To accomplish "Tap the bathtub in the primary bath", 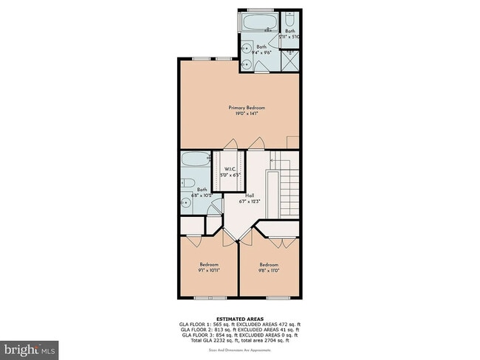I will pyautogui.click(x=258, y=23).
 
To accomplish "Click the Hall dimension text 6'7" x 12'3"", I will pyautogui.click(x=250, y=201).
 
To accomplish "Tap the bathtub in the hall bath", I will pyautogui.click(x=195, y=159).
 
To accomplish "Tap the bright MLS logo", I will pyautogui.click(x=30, y=347).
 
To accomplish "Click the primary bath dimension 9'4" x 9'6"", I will pyautogui.click(x=261, y=52).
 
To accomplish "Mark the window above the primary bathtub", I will pyautogui.click(x=258, y=10).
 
